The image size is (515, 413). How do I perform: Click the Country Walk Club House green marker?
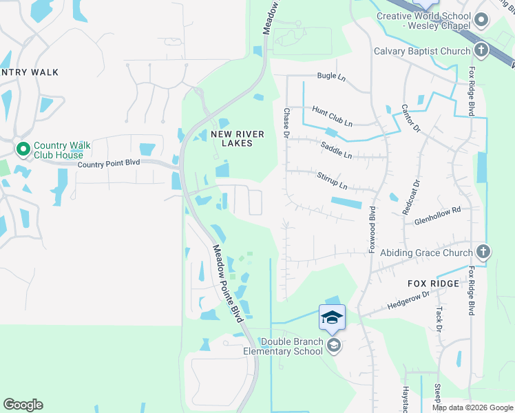[23, 148]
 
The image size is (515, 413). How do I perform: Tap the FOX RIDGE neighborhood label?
[433, 284]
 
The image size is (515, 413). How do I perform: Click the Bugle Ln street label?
[330, 76]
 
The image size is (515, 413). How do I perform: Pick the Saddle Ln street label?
[336, 150]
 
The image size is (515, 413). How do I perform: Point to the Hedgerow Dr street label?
[408, 298]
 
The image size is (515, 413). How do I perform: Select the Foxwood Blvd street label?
[372, 229]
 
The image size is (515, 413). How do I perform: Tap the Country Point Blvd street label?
[109, 164]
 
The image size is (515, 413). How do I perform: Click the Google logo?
[23, 405]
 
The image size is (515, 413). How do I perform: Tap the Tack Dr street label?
[438, 315]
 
